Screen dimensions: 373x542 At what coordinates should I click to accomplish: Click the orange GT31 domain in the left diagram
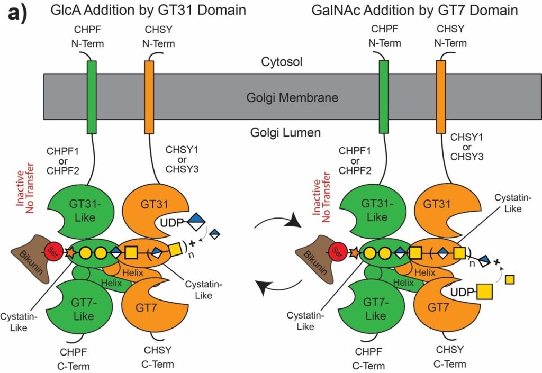pos(144,209)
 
